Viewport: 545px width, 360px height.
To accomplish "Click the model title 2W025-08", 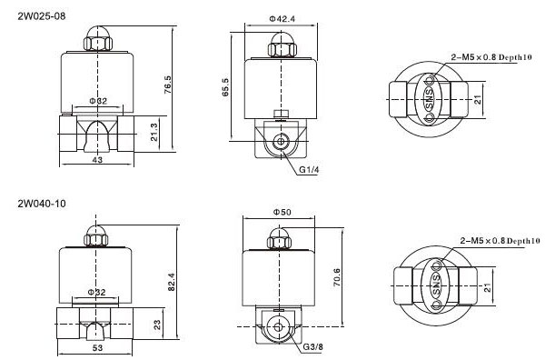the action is pos(42,16).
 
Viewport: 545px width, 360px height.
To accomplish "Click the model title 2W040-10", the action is pos(42,204).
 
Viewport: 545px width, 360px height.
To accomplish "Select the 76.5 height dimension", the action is pos(168,85).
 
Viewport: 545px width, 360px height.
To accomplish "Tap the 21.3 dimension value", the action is pos(154,132).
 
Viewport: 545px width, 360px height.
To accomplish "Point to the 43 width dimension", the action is pos(98,160).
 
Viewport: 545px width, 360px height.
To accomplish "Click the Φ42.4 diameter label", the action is pos(282,19).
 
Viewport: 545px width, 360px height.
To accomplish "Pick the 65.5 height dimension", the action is pos(225,87).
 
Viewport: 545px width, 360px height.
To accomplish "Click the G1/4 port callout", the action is pos(309,170).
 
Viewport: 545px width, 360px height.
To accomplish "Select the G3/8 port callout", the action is pos(312,346).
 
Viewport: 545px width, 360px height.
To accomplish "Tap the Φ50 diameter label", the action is pos(282,212).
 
